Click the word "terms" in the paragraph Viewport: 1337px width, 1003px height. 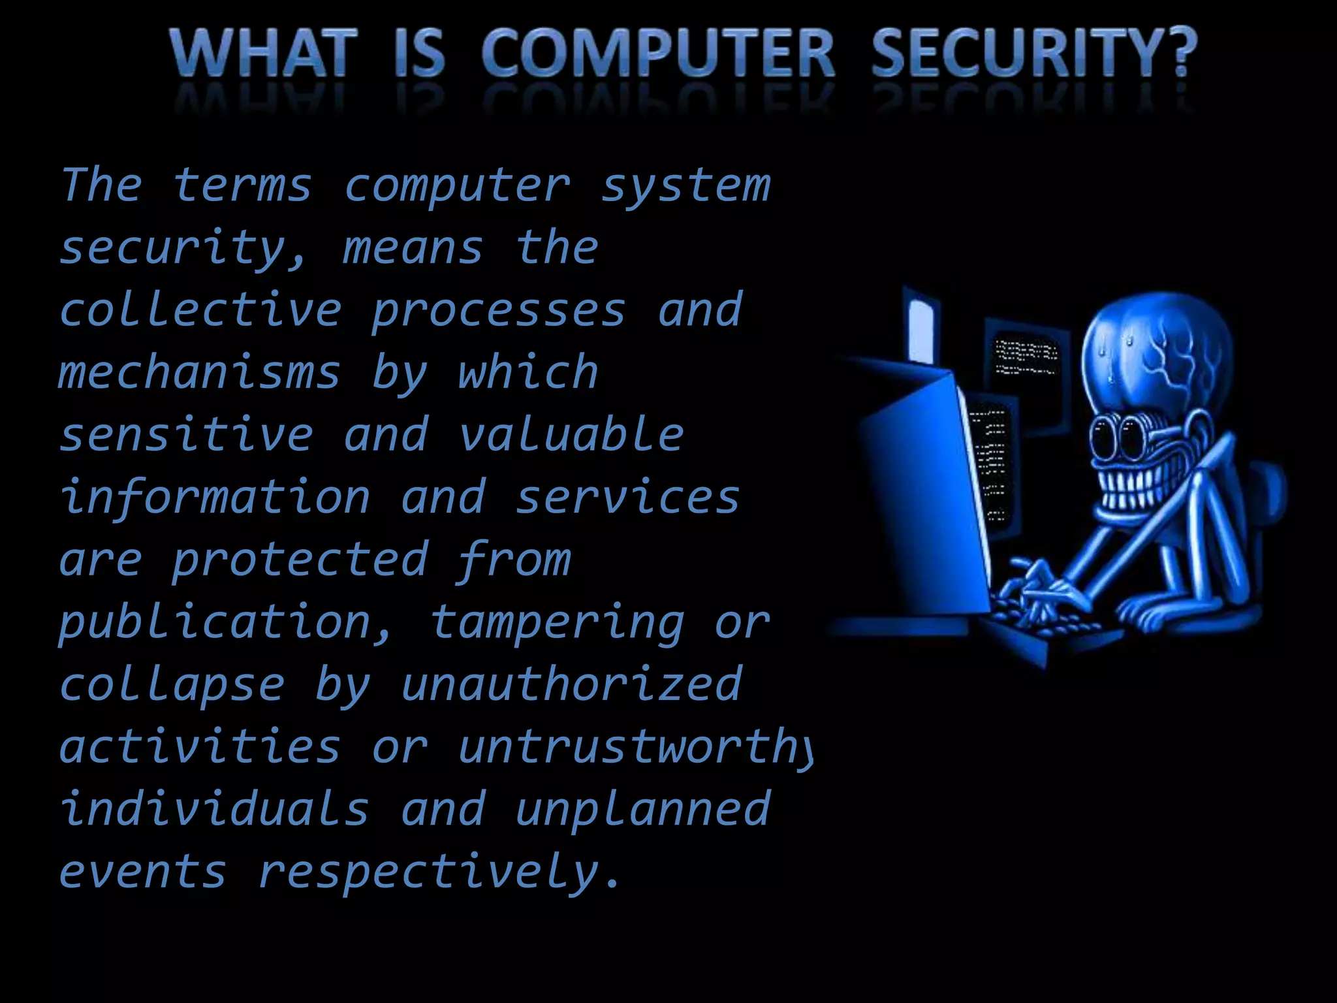click(242, 185)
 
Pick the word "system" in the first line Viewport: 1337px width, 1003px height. click(685, 187)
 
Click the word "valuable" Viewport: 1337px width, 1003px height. click(571, 435)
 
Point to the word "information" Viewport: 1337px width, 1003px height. click(215, 498)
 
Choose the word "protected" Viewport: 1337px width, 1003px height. click(300, 560)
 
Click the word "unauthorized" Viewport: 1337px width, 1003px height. click(571, 684)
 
